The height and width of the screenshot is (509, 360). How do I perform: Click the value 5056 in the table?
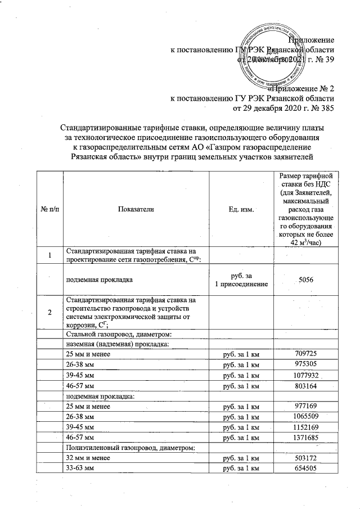tap(306, 280)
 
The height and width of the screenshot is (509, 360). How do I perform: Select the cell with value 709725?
tap(306, 354)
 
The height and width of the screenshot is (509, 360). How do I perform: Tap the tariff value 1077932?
tap(306, 374)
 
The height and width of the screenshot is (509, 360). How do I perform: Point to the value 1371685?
tap(306, 437)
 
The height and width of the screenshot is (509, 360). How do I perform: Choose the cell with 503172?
tap(306, 458)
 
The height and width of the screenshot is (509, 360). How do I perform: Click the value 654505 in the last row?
tap(306, 469)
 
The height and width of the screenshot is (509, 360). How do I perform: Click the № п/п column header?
tap(50, 209)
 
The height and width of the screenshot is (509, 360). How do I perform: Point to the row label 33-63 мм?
tap(79, 469)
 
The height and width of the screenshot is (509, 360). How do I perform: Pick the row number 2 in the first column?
tap(50, 312)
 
